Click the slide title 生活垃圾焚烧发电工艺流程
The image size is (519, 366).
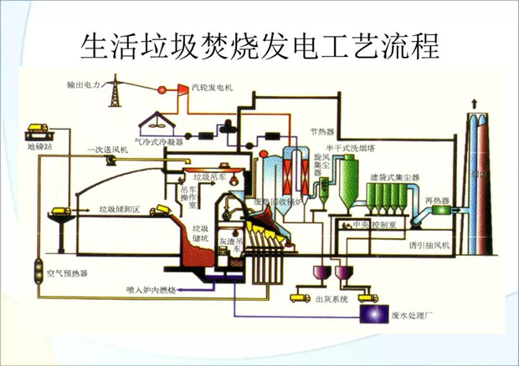pyautogui.click(x=259, y=44)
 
